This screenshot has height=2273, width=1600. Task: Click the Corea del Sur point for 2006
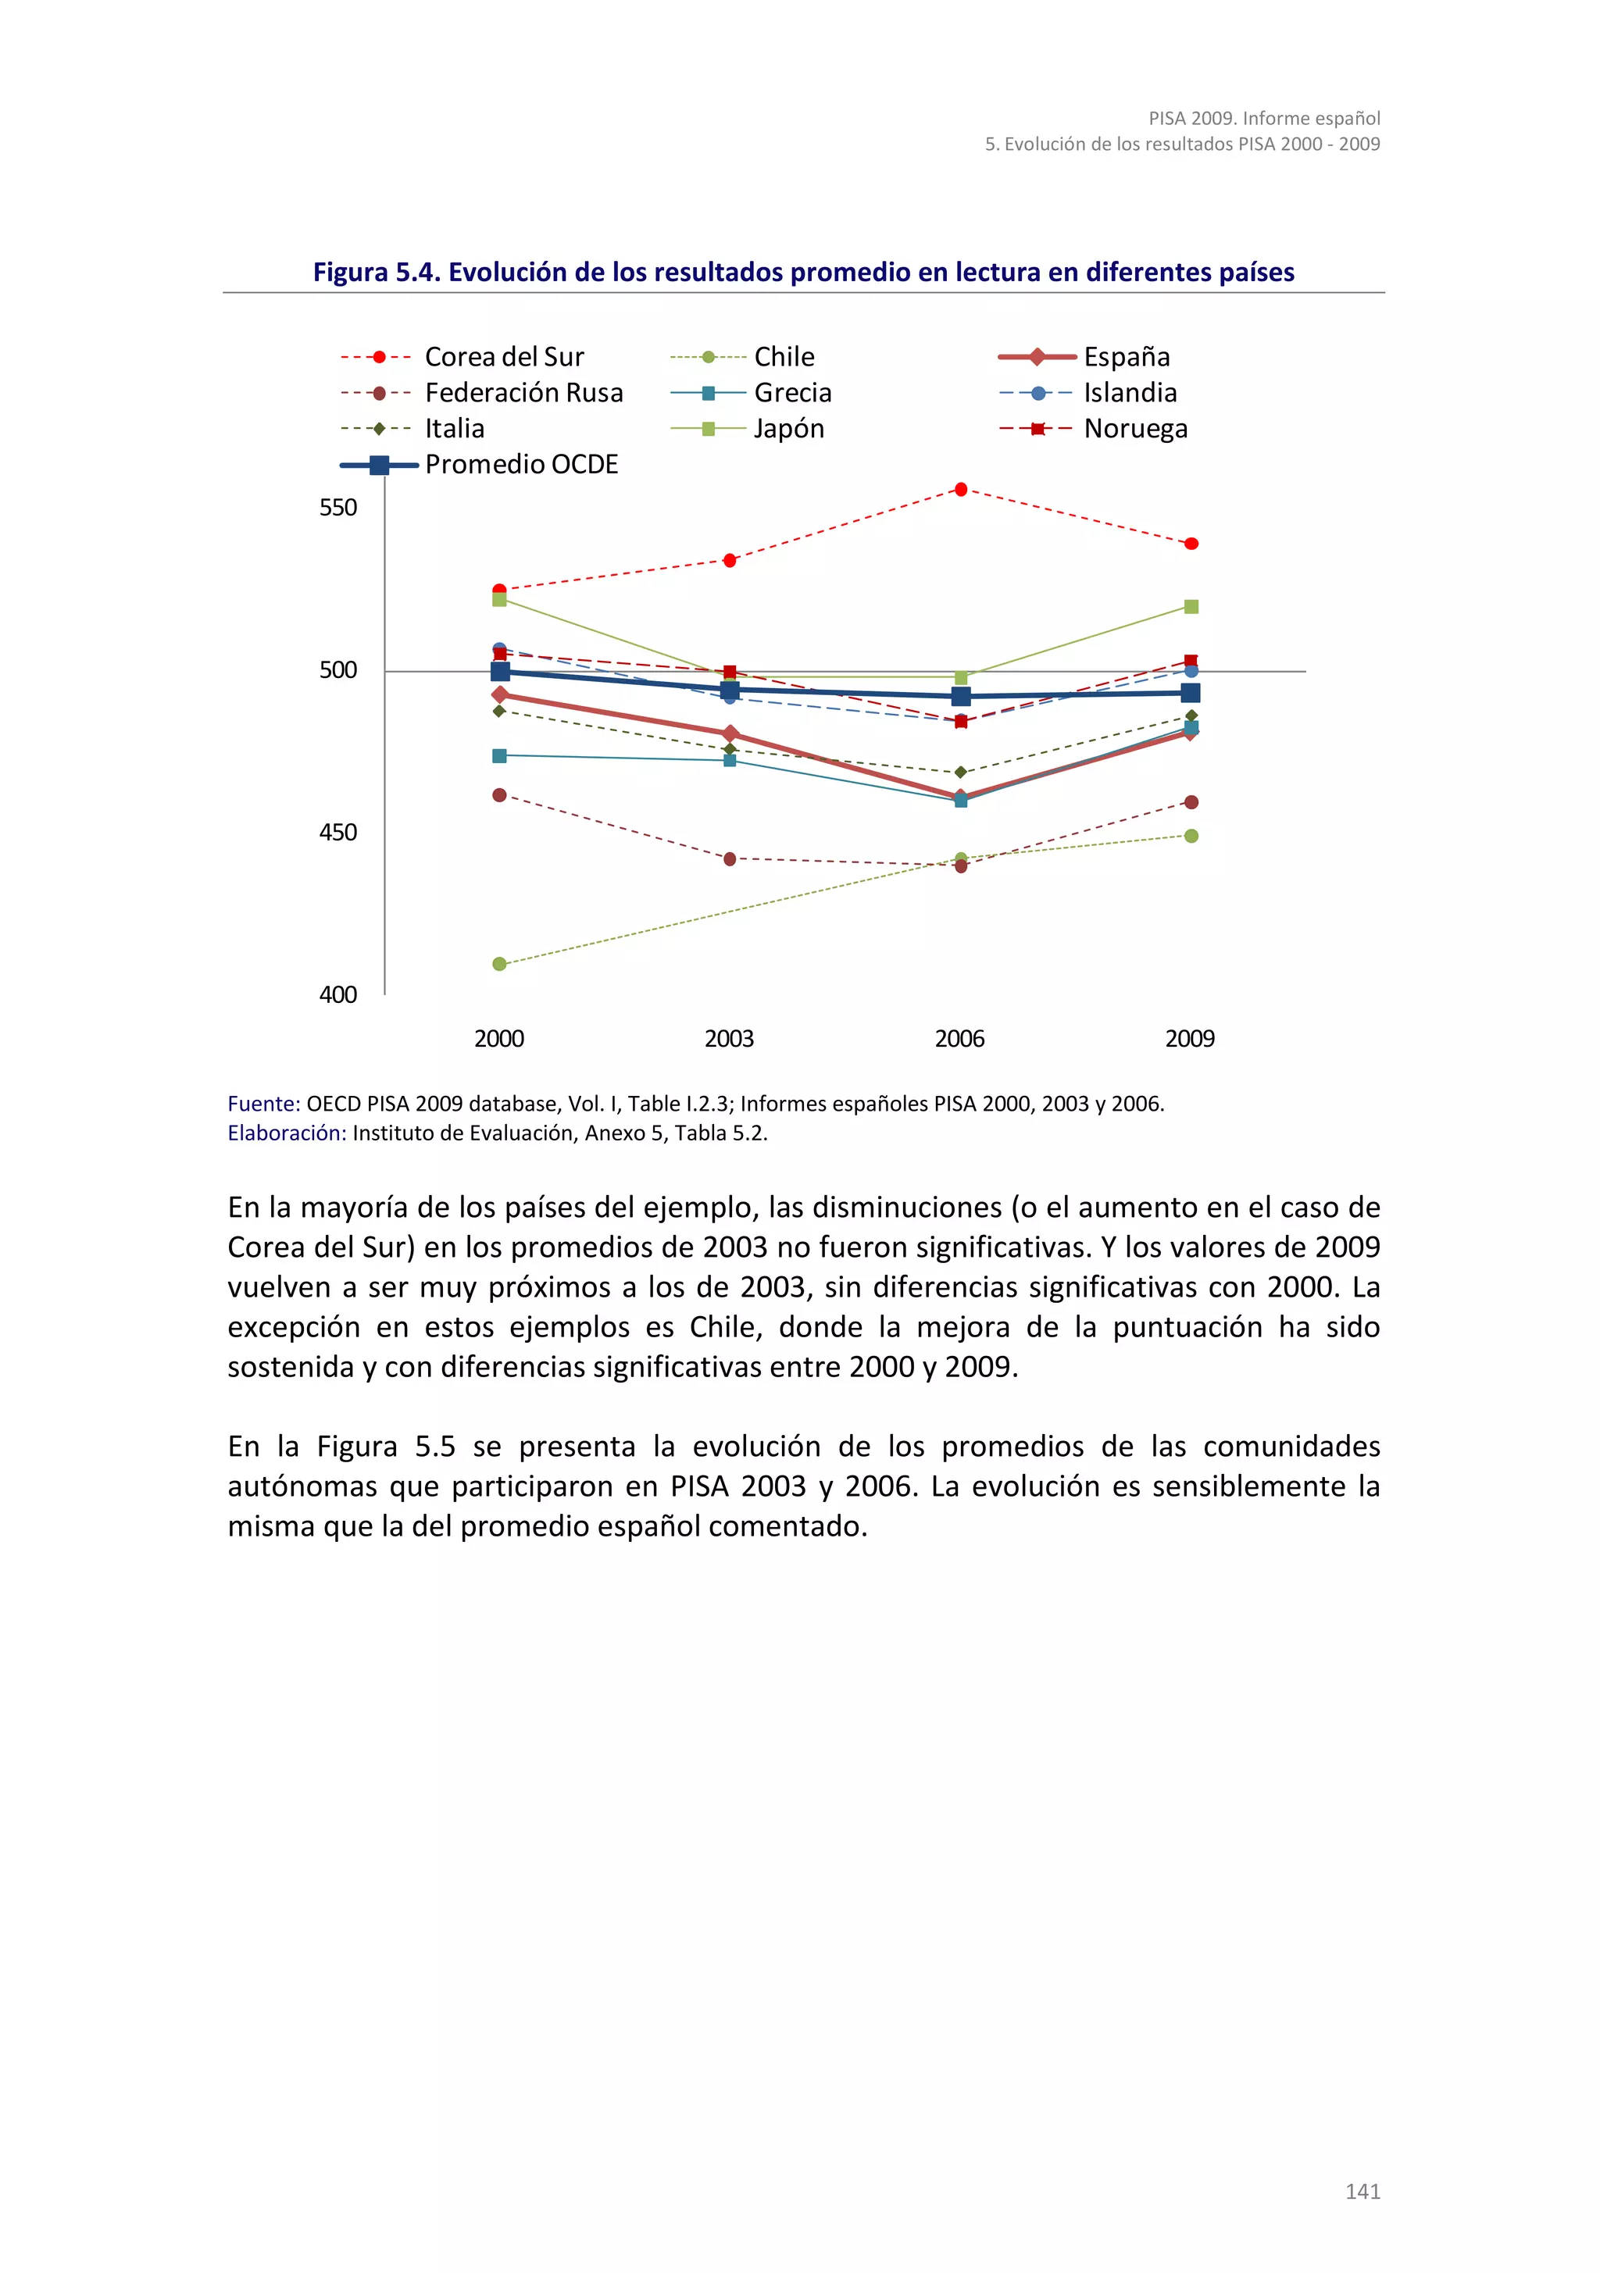pyautogui.click(x=960, y=489)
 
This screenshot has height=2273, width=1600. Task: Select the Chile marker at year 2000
pyautogui.click(x=499, y=964)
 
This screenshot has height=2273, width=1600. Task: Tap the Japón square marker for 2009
pyautogui.click(x=1191, y=607)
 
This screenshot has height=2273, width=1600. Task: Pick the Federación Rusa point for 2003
pyautogui.click(x=730, y=859)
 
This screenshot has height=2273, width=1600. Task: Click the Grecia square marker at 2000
pyautogui.click(x=499, y=756)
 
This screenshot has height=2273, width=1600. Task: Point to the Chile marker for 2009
pyautogui.click(x=1191, y=837)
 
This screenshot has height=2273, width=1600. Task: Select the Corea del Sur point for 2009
pyautogui.click(x=1191, y=544)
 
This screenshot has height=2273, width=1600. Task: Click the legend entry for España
pyautogui.click(x=1126, y=358)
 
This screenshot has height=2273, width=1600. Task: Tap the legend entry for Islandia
pyautogui.click(x=1130, y=393)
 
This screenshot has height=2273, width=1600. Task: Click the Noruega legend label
pyautogui.click(x=1134, y=430)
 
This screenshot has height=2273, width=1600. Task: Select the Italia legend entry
pyautogui.click(x=455, y=430)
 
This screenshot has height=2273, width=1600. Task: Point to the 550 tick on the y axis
pyautogui.click(x=337, y=508)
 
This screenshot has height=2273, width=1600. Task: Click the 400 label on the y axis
pyautogui.click(x=337, y=995)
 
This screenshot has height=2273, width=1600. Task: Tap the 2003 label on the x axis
pyautogui.click(x=729, y=1040)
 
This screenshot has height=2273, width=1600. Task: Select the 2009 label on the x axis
pyautogui.click(x=1189, y=1040)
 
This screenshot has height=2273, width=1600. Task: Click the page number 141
pyautogui.click(x=1362, y=2192)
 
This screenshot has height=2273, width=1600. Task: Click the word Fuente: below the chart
pyautogui.click(x=263, y=1104)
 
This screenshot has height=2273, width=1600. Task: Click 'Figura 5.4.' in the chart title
pyautogui.click(x=377, y=273)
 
